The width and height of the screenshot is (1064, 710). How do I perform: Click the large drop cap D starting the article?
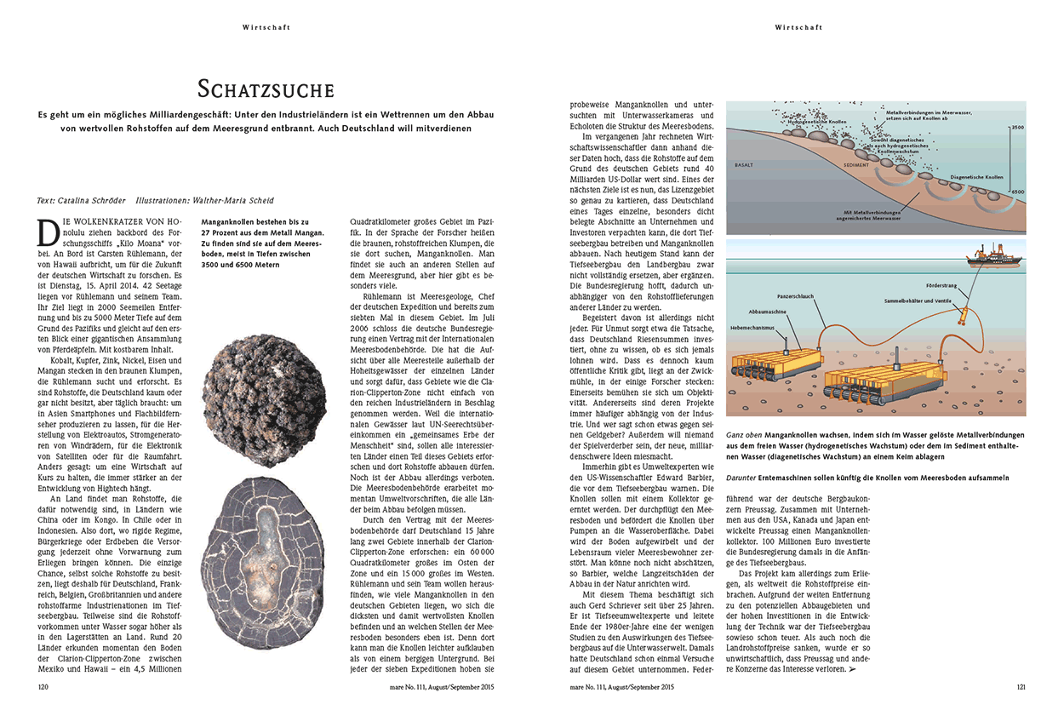pos(48,231)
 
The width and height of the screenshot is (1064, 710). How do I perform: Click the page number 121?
pos(1021,686)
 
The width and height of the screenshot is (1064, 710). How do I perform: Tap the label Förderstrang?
pos(942,285)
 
